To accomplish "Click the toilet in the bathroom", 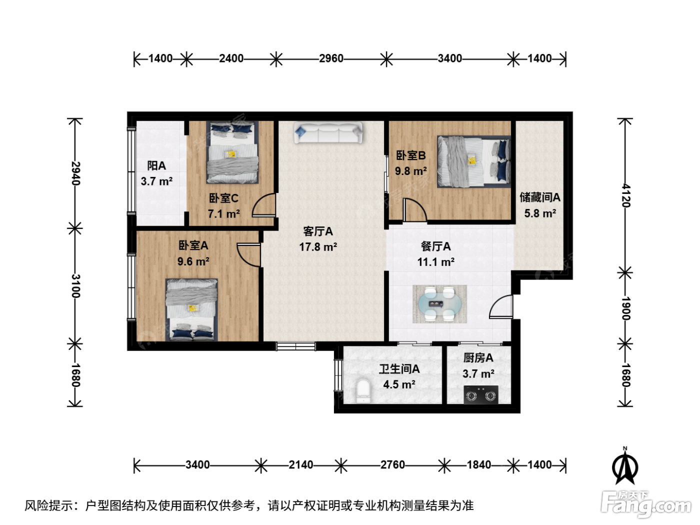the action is pos(363,390).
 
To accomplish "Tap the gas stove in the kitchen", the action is pos(480,394).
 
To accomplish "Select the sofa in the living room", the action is pos(328,132).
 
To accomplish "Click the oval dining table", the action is pos(440,304).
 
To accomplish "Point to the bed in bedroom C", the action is pos(232,152).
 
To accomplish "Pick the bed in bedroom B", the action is pos(473,161).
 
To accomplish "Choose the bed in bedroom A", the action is pos(191,310).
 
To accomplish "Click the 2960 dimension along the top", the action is pos(331,58).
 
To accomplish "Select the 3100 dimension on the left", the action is pos(75,286).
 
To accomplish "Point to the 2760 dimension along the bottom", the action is pos(392,465).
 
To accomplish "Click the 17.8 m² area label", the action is pos(318,247).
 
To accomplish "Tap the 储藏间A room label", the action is pos(540,197).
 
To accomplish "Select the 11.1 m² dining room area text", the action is pos(436,262).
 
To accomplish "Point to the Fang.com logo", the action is pos(646,504).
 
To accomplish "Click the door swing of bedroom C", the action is pos(263,205).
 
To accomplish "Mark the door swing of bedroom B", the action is pos(414,209).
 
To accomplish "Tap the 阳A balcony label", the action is pos(156,166).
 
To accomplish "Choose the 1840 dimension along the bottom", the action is pos(479,465).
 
